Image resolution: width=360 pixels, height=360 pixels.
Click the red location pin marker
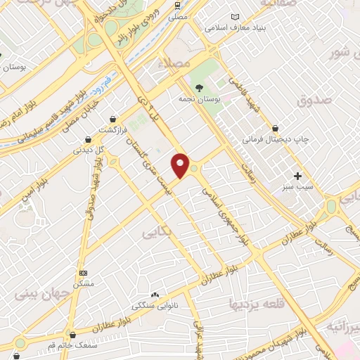tap(181, 165)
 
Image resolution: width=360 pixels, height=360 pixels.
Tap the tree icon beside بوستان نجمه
tap(202, 88)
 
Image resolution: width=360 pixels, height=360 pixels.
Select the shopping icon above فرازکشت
tap(112, 119)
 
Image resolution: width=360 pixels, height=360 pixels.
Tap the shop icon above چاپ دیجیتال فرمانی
tap(276, 128)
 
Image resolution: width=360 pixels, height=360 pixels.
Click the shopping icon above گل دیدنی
tap(88, 139)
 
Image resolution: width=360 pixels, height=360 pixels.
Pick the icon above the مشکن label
tap(84, 272)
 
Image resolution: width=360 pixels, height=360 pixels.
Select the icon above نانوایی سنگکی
tap(155, 295)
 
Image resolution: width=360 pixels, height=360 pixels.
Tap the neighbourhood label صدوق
tap(313, 101)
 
